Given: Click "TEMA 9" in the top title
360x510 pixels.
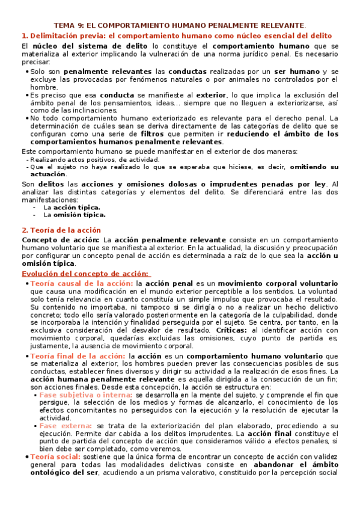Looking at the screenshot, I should [x=70, y=26].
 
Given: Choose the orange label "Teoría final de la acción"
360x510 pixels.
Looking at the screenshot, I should [x=78, y=356].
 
